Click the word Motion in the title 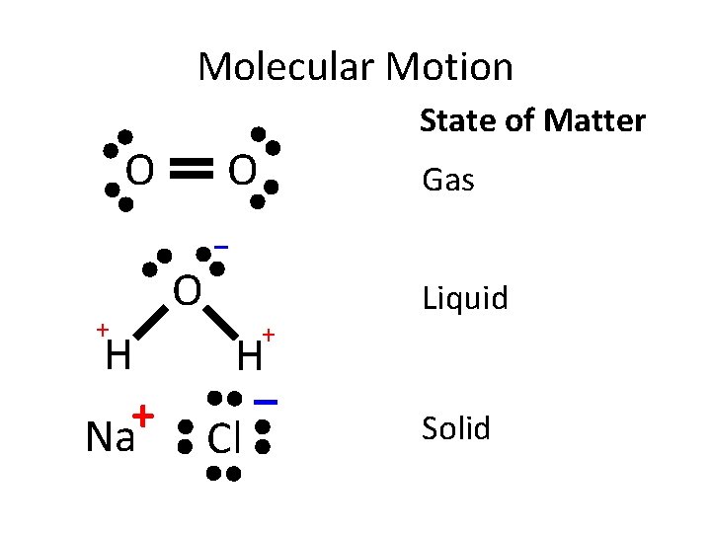(x=450, y=67)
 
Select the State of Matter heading (x=532, y=121)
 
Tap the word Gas (x=448, y=181)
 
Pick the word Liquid (x=465, y=298)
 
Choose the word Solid (x=456, y=428)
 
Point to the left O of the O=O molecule (x=140, y=172)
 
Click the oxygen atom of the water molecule (x=188, y=291)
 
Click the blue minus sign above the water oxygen (x=222, y=246)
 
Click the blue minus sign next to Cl (x=265, y=402)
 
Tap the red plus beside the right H (x=268, y=337)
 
